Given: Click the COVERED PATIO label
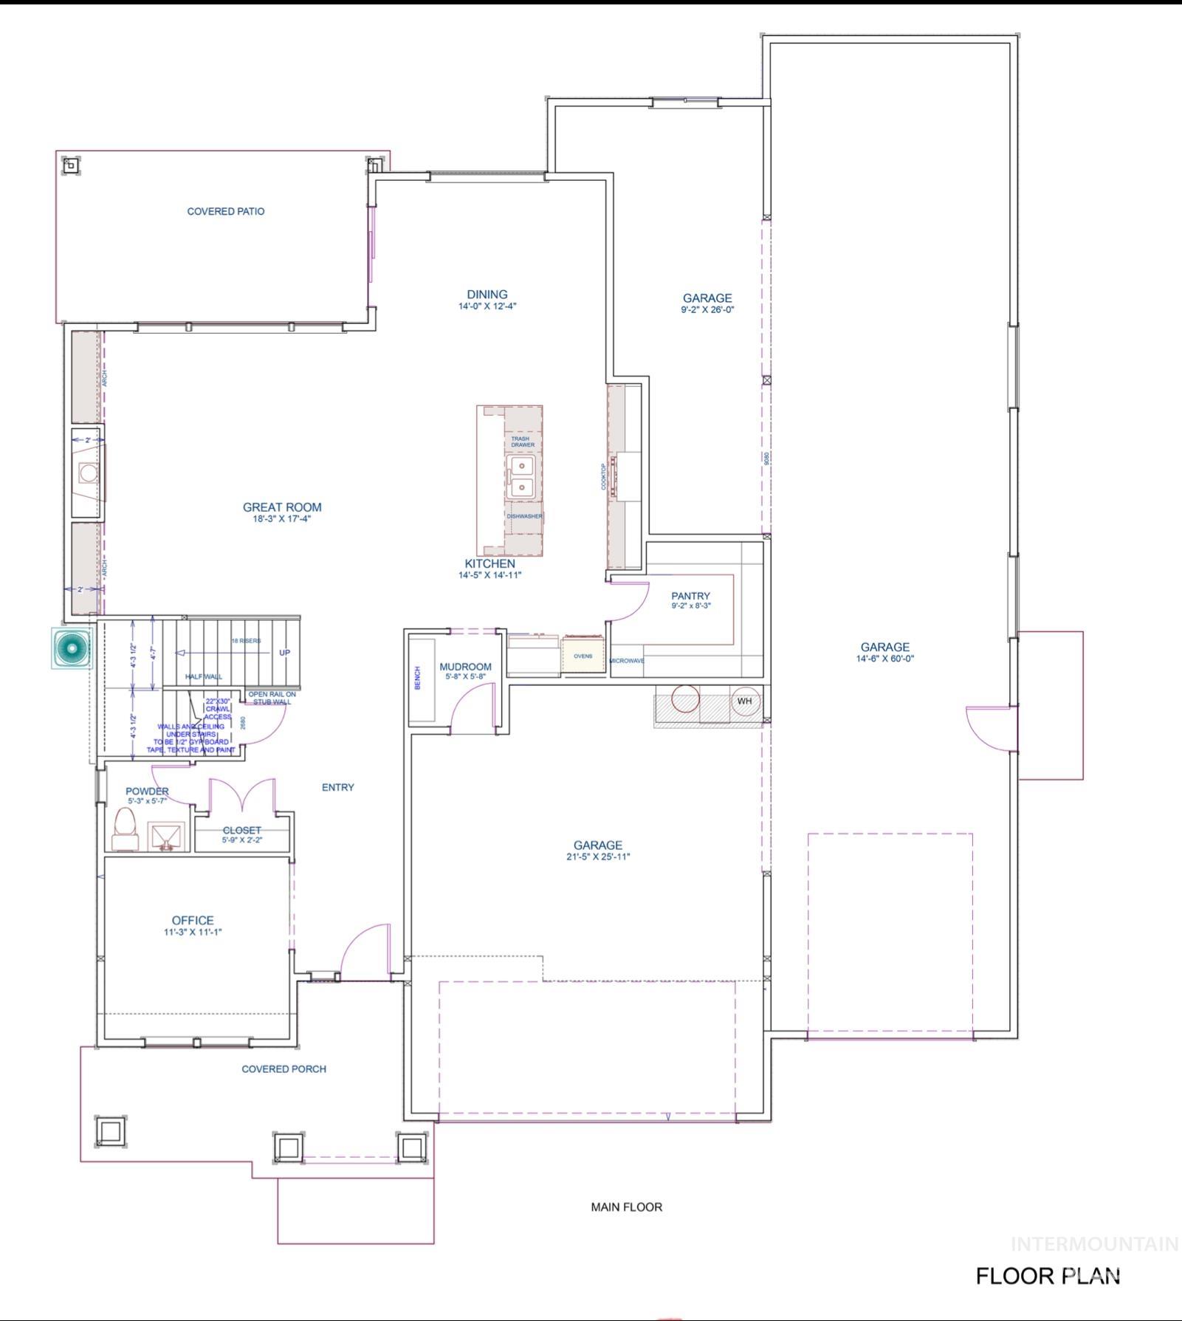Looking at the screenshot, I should pos(225,211).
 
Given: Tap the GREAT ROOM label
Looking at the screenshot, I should pos(282,507).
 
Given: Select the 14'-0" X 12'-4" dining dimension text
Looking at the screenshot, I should pos(487,306).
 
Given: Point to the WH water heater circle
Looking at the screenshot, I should pos(744,701).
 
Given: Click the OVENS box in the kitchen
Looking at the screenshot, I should pos(583,656).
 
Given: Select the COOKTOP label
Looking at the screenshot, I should pos(603,476).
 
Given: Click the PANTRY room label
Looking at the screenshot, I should pos(690,596).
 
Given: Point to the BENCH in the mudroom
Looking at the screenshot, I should pos(418,678).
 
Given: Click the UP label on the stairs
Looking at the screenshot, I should pos(284,653).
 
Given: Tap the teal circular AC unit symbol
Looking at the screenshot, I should pos(72,648).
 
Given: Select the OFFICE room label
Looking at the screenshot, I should pos(193,920).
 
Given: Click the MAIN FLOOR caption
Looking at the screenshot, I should pos(626,1207).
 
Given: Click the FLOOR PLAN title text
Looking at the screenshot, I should pos(1048,1276).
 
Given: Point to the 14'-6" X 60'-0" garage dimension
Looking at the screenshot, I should pos(884,659).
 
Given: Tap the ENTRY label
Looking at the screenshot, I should pos(337,787).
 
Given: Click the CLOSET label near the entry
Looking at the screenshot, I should pos(242,830).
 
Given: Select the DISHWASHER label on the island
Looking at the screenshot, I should pos(524,516).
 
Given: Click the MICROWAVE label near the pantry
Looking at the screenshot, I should pos(627,660).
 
